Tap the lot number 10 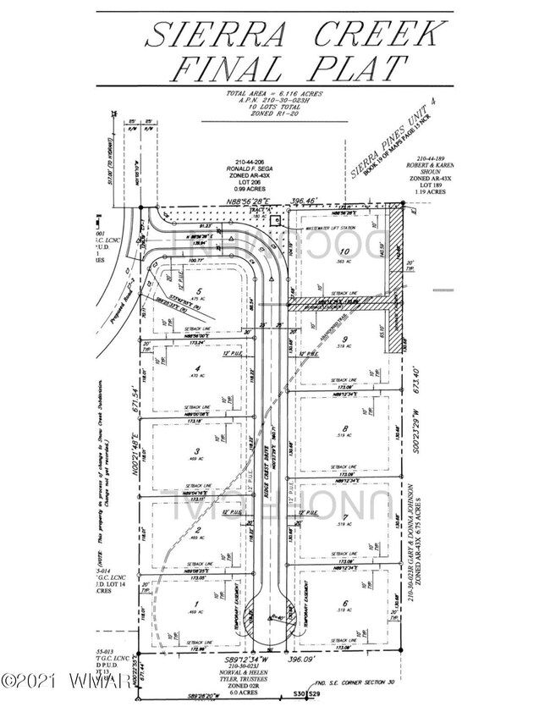[344, 252]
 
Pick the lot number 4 [196, 367]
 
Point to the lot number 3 [196, 451]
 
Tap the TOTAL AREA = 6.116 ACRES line [275, 94]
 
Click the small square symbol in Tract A [284, 217]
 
